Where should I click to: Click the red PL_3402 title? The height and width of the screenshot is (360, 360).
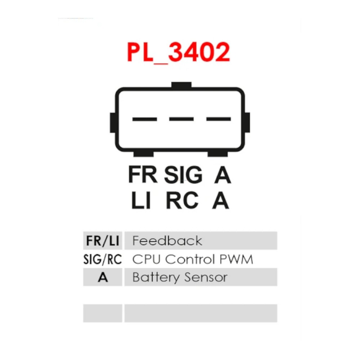tap(179, 52)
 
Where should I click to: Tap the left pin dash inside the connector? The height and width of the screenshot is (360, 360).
tap(145, 119)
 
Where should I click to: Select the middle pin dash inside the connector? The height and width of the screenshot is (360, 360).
tap(181, 119)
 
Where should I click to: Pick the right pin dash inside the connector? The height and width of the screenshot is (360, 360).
tap(219, 119)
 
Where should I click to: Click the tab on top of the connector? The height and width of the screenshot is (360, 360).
tap(181, 85)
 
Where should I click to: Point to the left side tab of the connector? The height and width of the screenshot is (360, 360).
tap(113, 123)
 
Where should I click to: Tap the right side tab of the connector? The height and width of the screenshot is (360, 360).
tap(247, 123)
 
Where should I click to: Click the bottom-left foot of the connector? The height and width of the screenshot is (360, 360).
tap(144, 154)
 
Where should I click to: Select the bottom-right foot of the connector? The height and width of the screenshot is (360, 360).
tap(218, 154)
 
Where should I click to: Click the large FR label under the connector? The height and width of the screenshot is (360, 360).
tap(143, 175)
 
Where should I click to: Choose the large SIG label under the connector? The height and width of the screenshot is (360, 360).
tap(184, 175)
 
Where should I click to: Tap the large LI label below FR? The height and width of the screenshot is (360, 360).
tap(141, 201)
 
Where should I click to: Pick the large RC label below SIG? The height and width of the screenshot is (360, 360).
tap(182, 201)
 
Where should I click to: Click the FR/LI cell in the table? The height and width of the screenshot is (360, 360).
tap(103, 240)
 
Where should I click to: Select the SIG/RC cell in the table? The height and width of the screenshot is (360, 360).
tap(103, 260)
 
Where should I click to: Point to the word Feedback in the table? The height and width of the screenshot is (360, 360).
tap(167, 240)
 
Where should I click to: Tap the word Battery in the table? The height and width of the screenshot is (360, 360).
tap(156, 278)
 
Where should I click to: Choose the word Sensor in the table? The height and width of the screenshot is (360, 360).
tap(206, 277)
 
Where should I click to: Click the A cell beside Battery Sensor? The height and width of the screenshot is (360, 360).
tap(103, 277)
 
